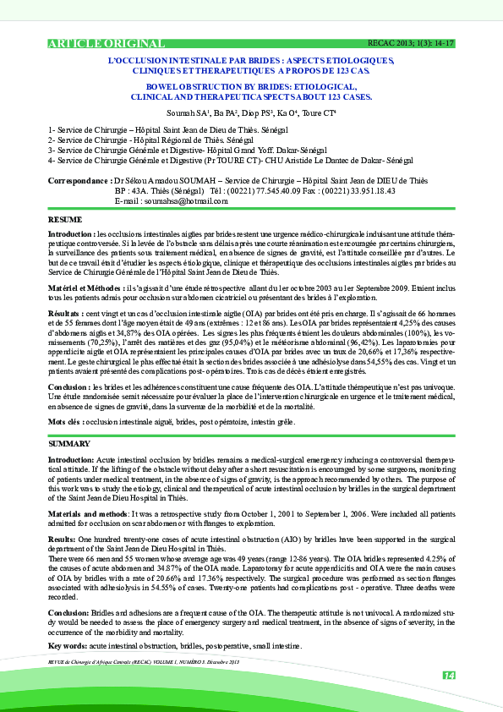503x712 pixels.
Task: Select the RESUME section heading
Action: tap(65, 220)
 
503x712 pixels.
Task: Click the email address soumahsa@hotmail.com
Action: tap(188, 201)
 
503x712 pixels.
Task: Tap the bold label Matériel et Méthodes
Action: tap(84, 288)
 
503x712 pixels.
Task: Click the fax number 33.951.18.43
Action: tap(349, 191)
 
